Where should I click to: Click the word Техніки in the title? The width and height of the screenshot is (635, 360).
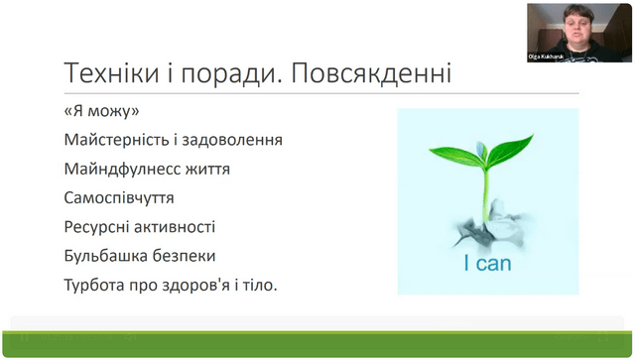click(x=111, y=72)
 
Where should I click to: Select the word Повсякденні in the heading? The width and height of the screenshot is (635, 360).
click(x=371, y=72)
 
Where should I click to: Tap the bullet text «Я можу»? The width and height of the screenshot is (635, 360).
click(x=101, y=110)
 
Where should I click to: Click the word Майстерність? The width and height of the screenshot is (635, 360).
click(x=115, y=140)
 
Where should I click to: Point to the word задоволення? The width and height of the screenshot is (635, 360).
click(x=232, y=140)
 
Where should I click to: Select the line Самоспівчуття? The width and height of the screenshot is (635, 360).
click(x=119, y=198)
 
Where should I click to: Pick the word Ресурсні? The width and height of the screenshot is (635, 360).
click(x=96, y=227)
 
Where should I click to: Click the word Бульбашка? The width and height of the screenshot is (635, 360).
click(x=106, y=256)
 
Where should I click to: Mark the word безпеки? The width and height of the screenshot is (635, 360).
click(x=185, y=256)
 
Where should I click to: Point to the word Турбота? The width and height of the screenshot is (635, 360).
click(x=94, y=285)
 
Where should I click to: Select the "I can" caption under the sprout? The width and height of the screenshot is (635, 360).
click(x=487, y=264)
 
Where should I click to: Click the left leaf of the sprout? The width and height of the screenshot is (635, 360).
click(x=457, y=156)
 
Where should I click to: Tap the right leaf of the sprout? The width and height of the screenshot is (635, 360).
click(x=511, y=149)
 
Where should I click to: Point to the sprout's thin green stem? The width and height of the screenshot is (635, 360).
click(x=485, y=194)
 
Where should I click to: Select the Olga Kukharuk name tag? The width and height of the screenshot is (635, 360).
click(x=546, y=58)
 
